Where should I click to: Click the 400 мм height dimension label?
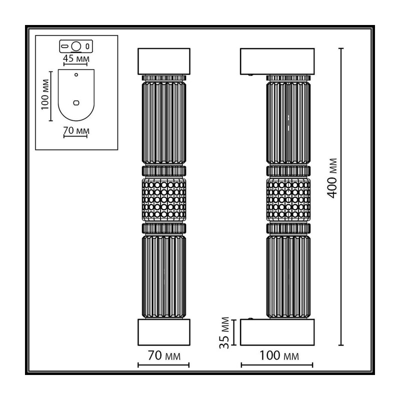point(332,178)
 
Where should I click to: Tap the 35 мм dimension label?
point(224,332)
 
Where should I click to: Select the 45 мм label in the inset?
point(76,58)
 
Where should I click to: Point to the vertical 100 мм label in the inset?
point(45,94)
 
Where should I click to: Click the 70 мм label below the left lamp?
point(164,355)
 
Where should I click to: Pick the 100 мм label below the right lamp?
point(279,355)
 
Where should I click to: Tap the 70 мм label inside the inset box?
point(76,130)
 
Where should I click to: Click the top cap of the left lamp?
point(164,61)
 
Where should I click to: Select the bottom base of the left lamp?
point(164,332)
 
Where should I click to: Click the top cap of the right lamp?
point(277,61)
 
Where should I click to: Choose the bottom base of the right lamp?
point(277,332)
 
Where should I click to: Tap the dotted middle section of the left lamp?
point(164,199)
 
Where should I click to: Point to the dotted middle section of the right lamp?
point(288,199)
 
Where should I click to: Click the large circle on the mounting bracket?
point(76,46)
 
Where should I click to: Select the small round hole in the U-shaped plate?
point(76,74)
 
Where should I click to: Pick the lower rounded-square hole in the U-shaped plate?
point(76,103)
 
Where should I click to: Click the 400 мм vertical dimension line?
point(341,196)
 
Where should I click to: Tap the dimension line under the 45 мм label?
point(75,64)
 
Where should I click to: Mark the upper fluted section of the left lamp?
point(164,122)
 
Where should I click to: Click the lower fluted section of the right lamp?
point(288,277)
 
